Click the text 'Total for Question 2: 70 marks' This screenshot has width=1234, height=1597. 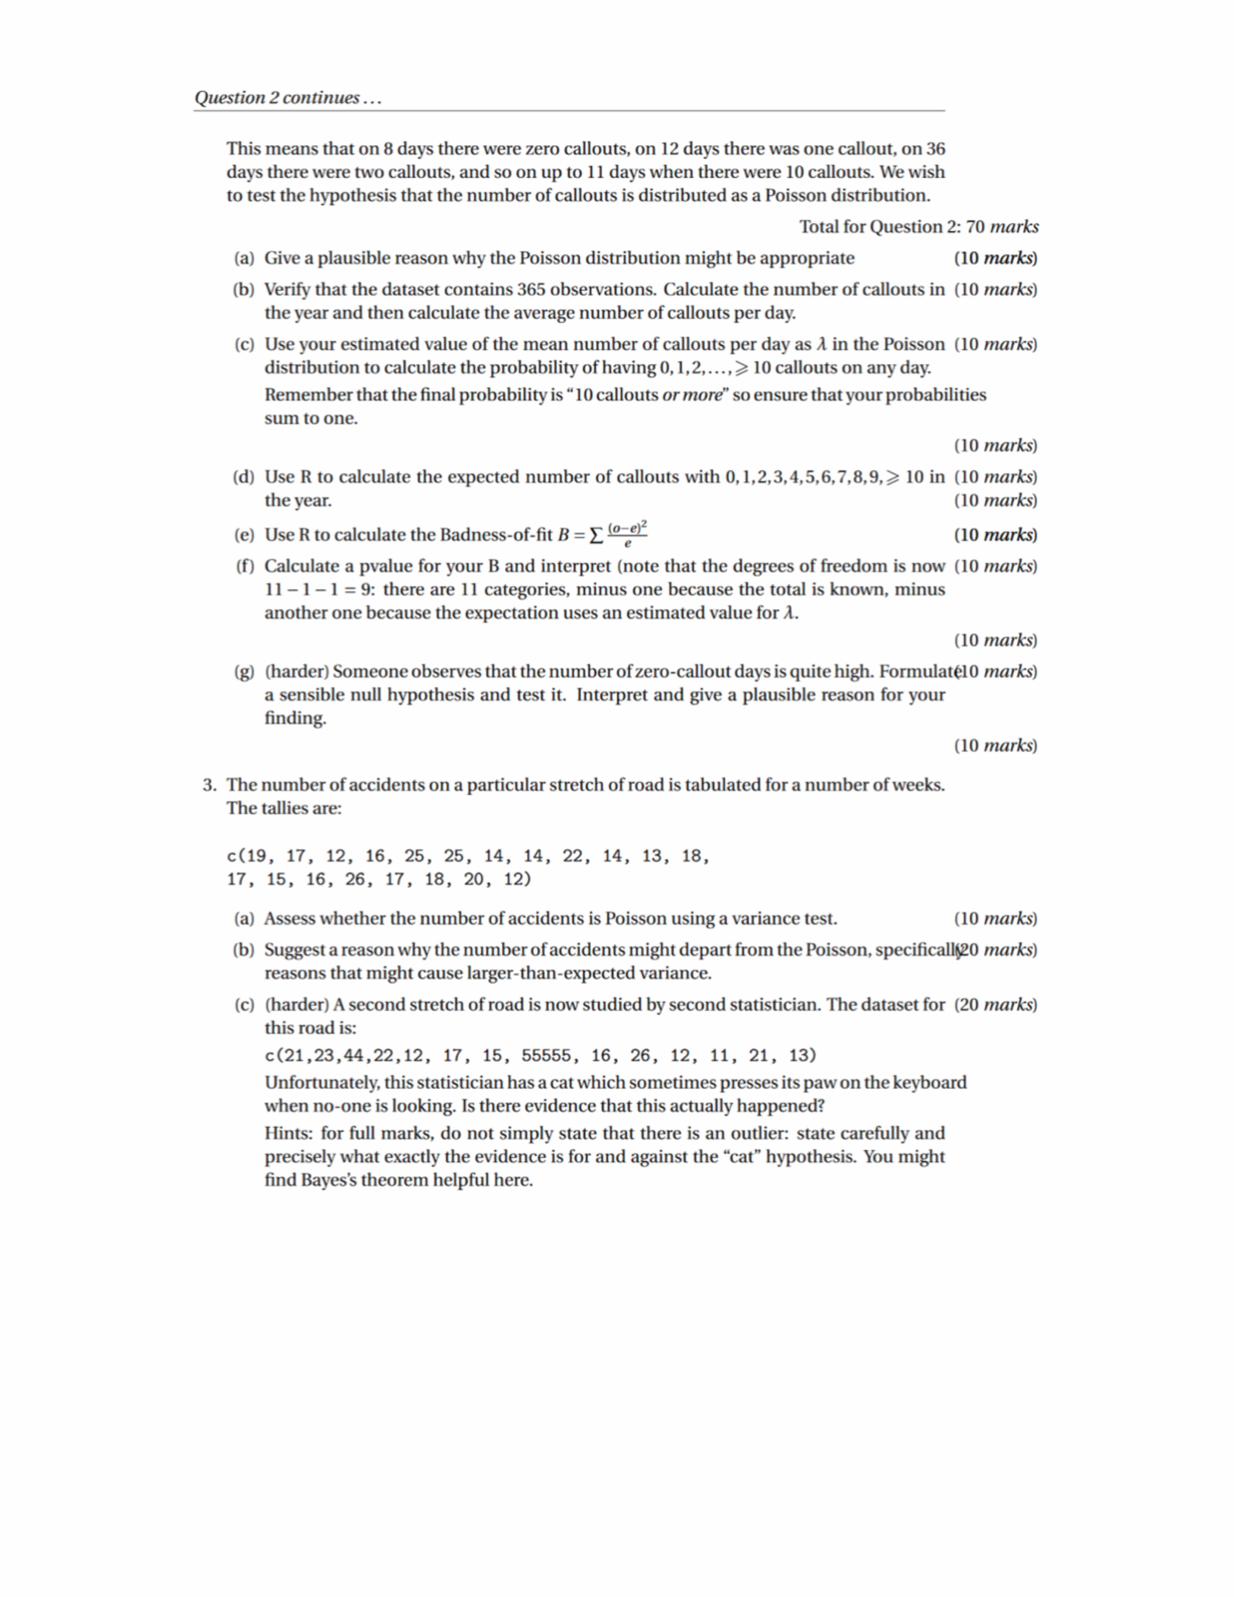[x=919, y=227]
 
